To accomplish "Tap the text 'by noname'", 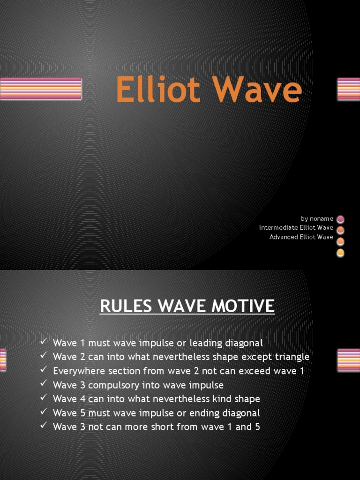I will pyautogui.click(x=317, y=218).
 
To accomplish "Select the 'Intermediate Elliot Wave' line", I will pyautogui.click(x=296, y=228).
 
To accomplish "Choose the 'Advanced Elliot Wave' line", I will pyautogui.click(x=301, y=237).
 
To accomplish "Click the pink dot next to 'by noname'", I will pyautogui.click(x=341, y=219).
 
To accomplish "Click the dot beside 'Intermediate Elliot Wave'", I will pyautogui.click(x=341, y=230).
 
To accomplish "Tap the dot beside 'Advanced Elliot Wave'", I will pyautogui.click(x=341, y=241).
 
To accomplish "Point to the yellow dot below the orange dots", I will pyautogui.click(x=341, y=253).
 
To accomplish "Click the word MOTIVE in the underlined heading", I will pyautogui.click(x=244, y=307).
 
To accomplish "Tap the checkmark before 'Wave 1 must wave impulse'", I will pyautogui.click(x=44, y=342).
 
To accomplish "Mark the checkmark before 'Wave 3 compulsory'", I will pyautogui.click(x=44, y=384).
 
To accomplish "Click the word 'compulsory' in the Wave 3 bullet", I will pyautogui.click(x=105, y=385).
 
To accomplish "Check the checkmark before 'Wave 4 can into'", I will pyautogui.click(x=44, y=398).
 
